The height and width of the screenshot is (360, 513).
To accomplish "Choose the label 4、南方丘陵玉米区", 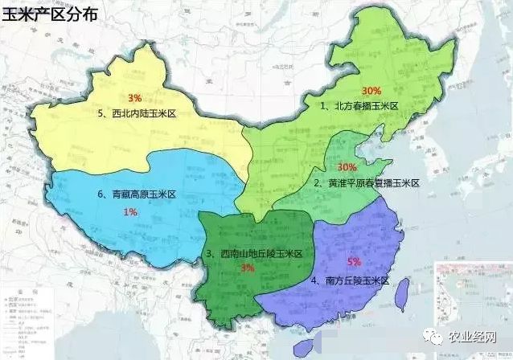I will (x=350, y=280).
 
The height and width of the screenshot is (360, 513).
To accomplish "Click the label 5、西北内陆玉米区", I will (x=135, y=114).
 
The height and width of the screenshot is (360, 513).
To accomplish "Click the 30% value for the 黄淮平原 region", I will (x=347, y=167).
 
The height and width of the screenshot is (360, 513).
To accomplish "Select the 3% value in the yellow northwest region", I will (x=135, y=97).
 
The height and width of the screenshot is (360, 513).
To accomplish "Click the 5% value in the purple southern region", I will (x=354, y=262).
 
